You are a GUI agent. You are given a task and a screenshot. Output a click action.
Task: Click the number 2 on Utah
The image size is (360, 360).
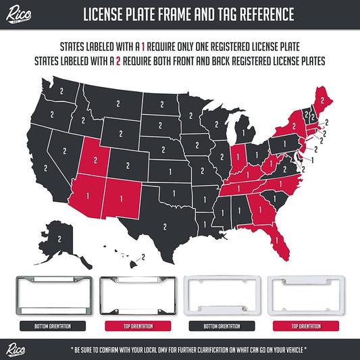tap(95, 159)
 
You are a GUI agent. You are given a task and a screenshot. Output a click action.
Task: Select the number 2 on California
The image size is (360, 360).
tap(45, 167)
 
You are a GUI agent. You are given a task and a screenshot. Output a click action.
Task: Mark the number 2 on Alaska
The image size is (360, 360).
tap(59, 238)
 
